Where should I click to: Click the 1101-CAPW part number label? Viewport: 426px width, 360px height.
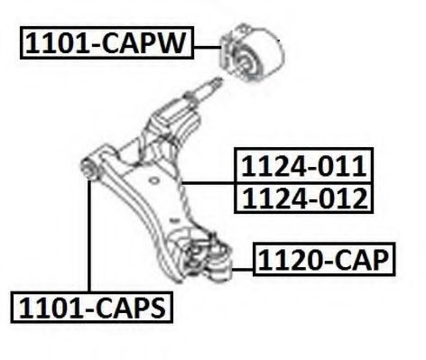(106, 42)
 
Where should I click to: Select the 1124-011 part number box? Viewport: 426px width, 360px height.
(303, 165)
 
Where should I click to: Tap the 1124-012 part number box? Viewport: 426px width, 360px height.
(303, 198)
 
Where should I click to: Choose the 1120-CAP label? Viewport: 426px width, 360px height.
(324, 259)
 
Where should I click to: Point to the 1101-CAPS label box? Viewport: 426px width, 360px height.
(92, 308)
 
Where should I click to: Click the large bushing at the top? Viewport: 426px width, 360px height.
(252, 52)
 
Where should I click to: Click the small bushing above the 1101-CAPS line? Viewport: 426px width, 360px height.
(89, 169)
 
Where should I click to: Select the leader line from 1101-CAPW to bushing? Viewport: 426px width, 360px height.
(208, 47)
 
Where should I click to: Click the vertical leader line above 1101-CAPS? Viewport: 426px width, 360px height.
(89, 235)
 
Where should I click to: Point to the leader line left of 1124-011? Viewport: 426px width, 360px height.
(208, 182)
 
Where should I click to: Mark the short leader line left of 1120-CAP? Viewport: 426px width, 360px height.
(243, 270)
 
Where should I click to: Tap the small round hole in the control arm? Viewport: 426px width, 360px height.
(153, 180)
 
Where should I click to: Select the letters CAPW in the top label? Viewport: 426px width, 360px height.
(143, 43)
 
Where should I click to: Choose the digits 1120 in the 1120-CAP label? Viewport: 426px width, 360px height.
(290, 259)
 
